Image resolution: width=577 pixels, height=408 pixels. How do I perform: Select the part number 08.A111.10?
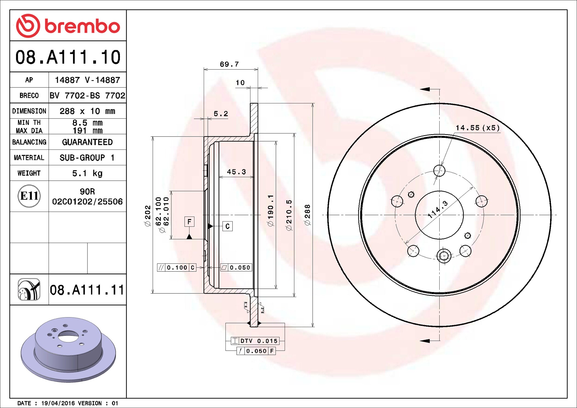pyautogui.click(x=68, y=57)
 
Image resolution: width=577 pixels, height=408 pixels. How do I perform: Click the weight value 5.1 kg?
pyautogui.click(x=87, y=173)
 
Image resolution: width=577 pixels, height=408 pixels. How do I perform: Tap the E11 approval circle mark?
pyautogui.click(x=29, y=196)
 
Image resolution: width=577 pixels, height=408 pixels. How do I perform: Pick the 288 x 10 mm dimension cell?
pyautogui.click(x=87, y=111)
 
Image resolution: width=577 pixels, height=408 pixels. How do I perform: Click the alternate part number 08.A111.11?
pyautogui.click(x=87, y=290)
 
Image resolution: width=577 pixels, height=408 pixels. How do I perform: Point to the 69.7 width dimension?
pyautogui.click(x=229, y=64)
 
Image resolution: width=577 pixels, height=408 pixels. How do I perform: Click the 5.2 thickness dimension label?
pyautogui.click(x=220, y=114)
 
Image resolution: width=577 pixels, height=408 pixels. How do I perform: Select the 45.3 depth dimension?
pyautogui.click(x=236, y=172)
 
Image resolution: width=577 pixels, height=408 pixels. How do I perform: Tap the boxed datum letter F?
pyautogui.click(x=189, y=222)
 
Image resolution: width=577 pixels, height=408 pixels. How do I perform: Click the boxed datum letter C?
pyautogui.click(x=227, y=226)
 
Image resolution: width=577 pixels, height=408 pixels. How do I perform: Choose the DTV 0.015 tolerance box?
pyautogui.click(x=255, y=341)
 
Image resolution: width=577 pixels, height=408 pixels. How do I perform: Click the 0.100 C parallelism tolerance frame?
pyautogui.click(x=177, y=267)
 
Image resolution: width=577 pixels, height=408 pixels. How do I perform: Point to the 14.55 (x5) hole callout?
pyautogui.click(x=477, y=128)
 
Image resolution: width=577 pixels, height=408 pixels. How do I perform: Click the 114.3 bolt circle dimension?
pyautogui.click(x=438, y=209)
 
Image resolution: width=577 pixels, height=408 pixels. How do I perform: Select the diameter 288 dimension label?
pyautogui.click(x=307, y=215)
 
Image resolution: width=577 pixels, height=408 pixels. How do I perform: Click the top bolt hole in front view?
pyautogui.click(x=439, y=171)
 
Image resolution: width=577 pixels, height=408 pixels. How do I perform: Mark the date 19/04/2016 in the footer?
pyautogui.click(x=58, y=403)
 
